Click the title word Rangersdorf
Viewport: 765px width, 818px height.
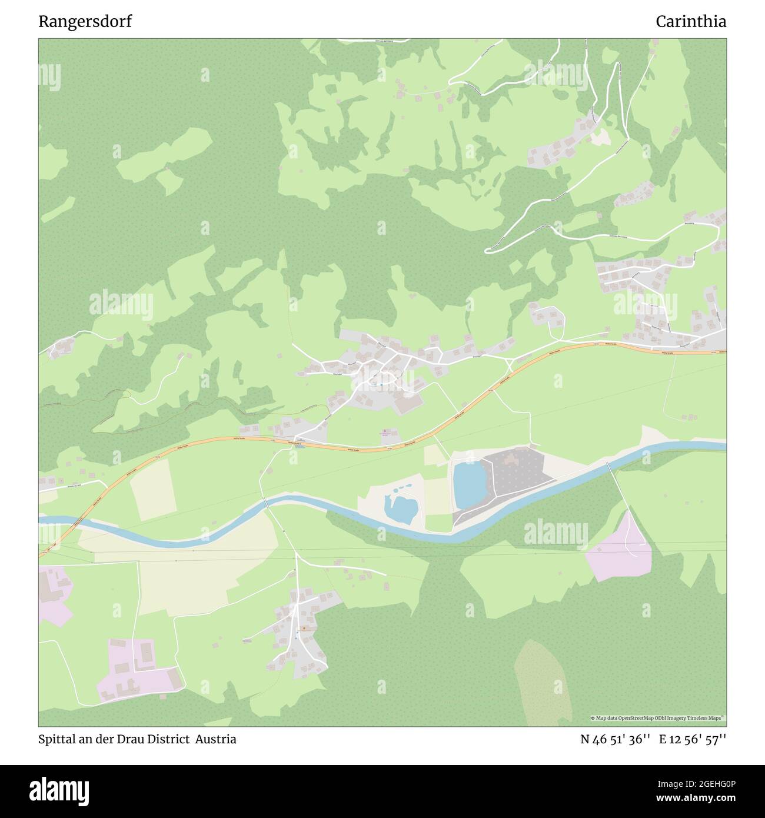click(85, 22)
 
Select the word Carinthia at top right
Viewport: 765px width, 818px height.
click(691, 22)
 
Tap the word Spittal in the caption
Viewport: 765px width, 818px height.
click(56, 739)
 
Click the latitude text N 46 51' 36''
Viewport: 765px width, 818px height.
click(615, 739)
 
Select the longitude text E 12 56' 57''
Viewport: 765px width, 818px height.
click(693, 739)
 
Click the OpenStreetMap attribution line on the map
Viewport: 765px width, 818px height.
click(658, 718)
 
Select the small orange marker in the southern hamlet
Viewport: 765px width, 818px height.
click(304, 629)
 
